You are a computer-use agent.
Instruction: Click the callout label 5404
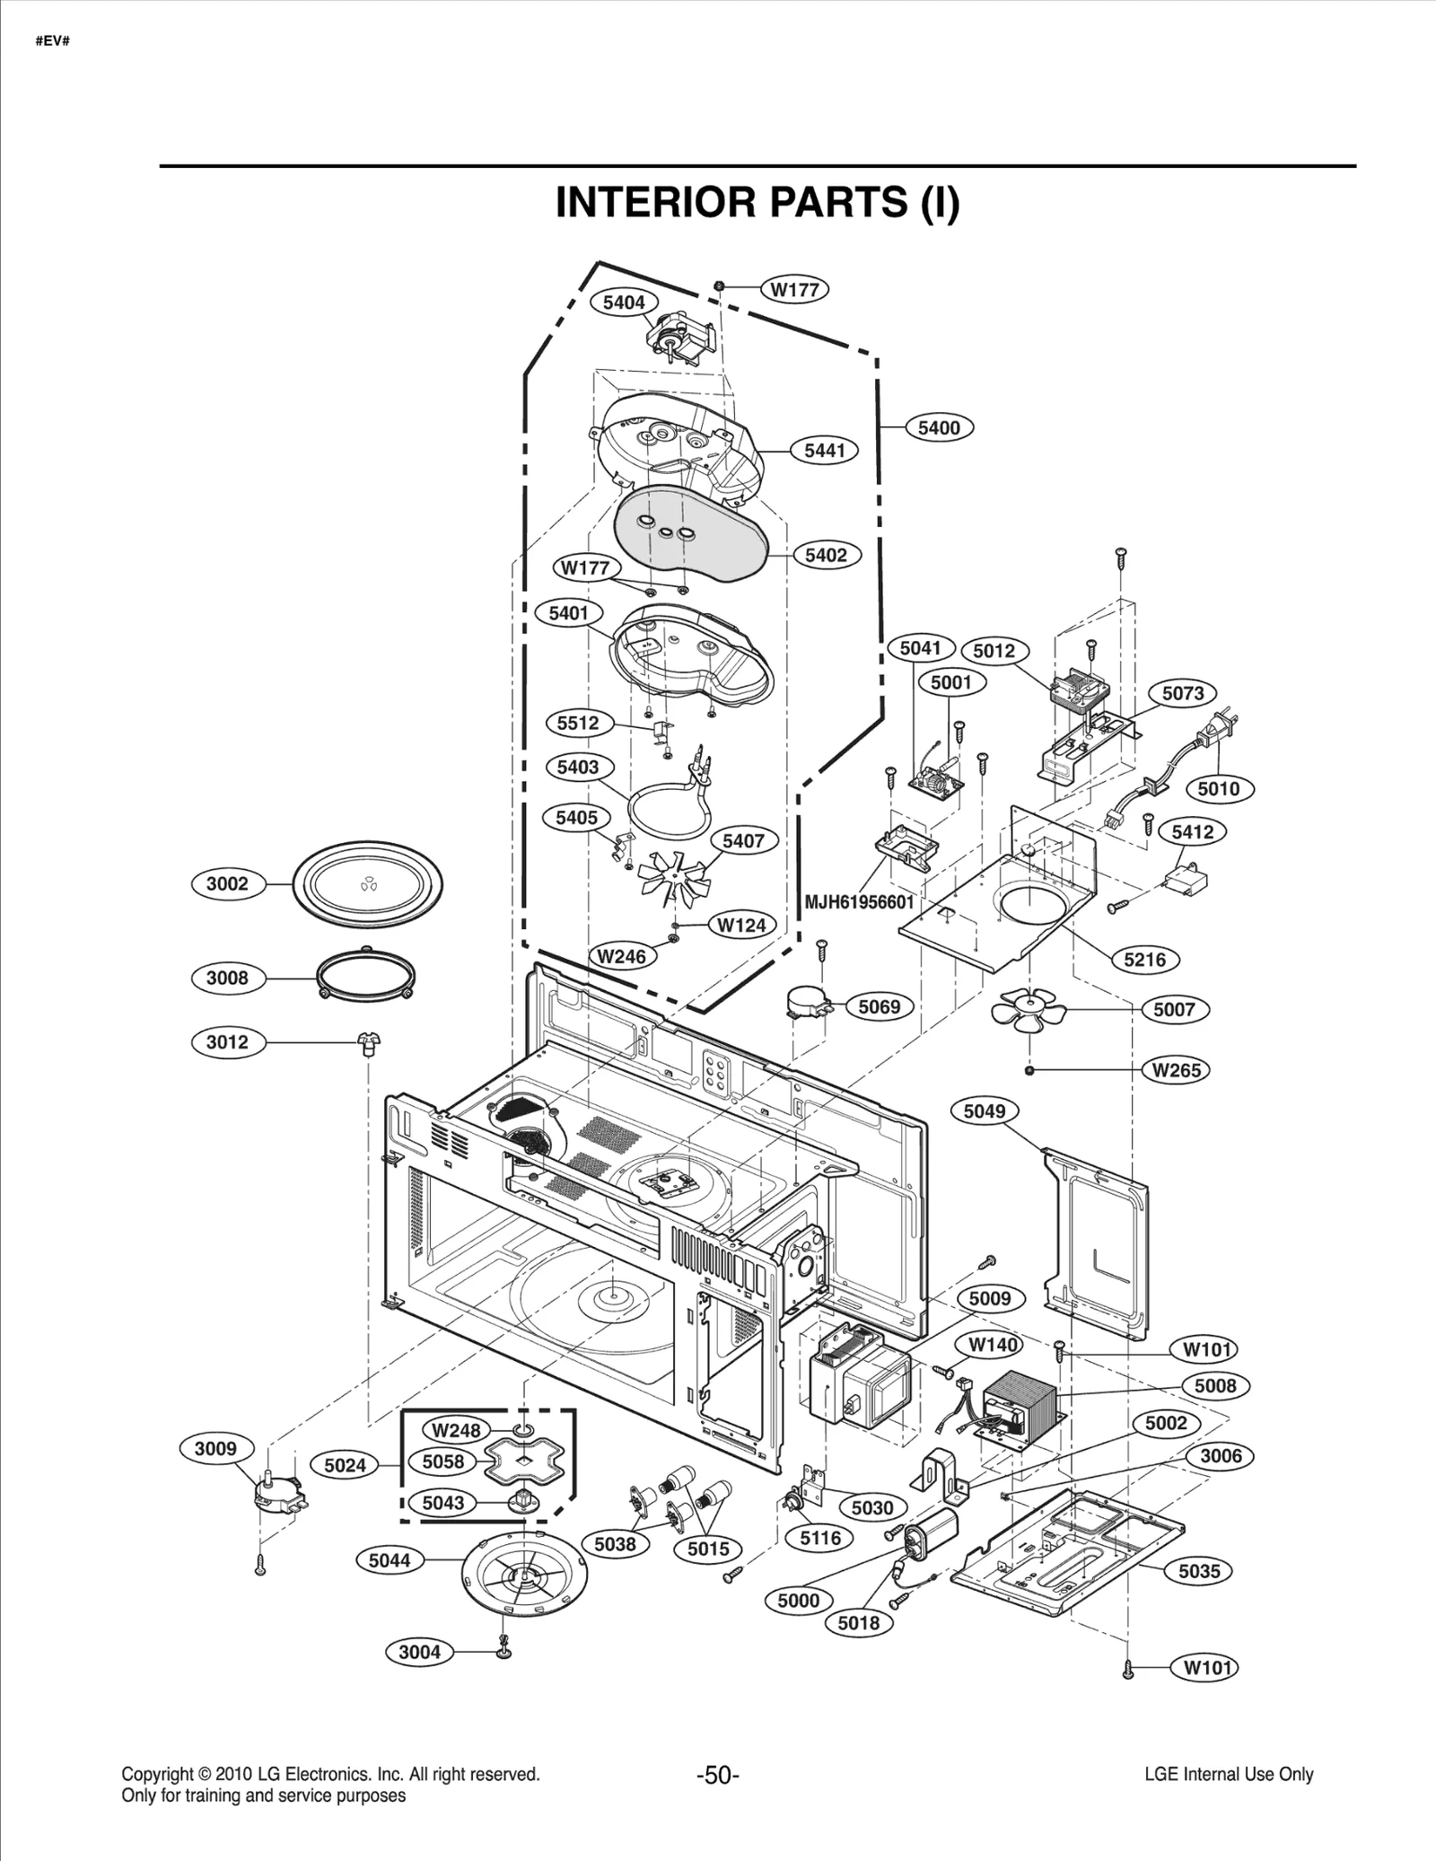pyautogui.click(x=623, y=303)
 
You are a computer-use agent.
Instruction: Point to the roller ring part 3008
pyautogui.click(x=366, y=972)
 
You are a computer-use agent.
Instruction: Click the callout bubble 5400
pyautogui.click(x=939, y=428)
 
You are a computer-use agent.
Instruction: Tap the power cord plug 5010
pyautogui.click(x=1217, y=728)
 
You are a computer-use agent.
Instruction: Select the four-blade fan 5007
pyautogui.click(x=1029, y=1011)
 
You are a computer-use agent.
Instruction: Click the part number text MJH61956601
pyautogui.click(x=859, y=901)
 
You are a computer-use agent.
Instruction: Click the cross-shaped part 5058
pyautogui.click(x=523, y=1462)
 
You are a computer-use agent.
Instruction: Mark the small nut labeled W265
pyautogui.click(x=1029, y=1070)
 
